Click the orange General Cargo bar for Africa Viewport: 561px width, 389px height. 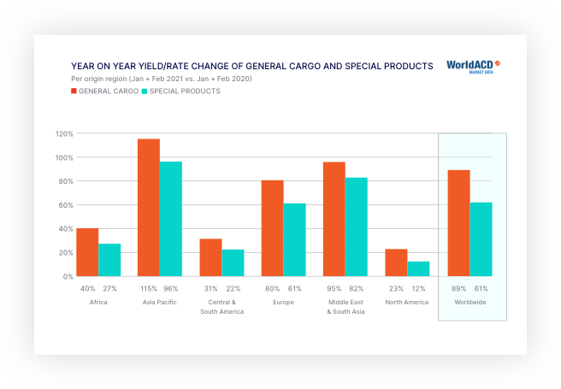pos(87,252)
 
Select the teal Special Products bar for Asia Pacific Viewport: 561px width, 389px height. pos(171,219)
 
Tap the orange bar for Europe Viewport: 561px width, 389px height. pos(273,228)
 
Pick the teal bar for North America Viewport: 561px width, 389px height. pos(418,268)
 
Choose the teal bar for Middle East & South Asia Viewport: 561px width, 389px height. pos(357,227)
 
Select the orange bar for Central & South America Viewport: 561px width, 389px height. pos(210,257)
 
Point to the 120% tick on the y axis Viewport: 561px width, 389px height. pos(65,133)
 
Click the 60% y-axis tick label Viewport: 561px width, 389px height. pos(65,205)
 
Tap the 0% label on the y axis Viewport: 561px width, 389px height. pos(68,277)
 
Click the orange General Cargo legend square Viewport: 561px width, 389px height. pos(74,91)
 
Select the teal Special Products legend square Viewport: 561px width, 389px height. pos(145,91)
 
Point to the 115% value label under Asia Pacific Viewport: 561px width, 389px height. pos(149,289)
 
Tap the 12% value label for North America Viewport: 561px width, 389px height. pos(419,289)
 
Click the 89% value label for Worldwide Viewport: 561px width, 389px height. pos(459,289)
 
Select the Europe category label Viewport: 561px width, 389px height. pos(284,303)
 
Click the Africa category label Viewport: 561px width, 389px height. pos(98,303)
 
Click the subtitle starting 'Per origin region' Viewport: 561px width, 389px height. pos(162,79)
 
